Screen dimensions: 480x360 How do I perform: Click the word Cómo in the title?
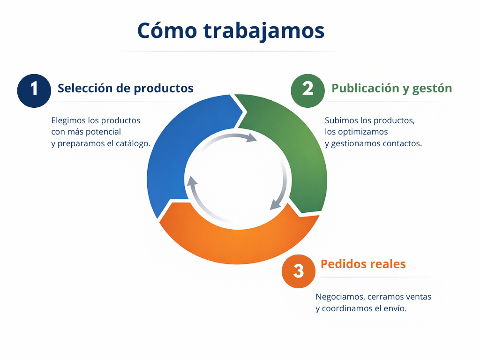167,30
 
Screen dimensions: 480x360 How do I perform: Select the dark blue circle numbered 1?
34,90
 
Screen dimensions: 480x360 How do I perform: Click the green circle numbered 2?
307,90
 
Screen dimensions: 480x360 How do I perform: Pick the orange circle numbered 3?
299,271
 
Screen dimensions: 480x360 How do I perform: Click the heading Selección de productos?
126,88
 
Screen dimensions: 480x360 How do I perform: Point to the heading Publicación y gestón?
392,89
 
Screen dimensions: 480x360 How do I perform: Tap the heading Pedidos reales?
363,264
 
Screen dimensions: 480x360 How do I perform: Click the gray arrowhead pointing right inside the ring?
251,138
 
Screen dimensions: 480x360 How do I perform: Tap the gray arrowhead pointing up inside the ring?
192,181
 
